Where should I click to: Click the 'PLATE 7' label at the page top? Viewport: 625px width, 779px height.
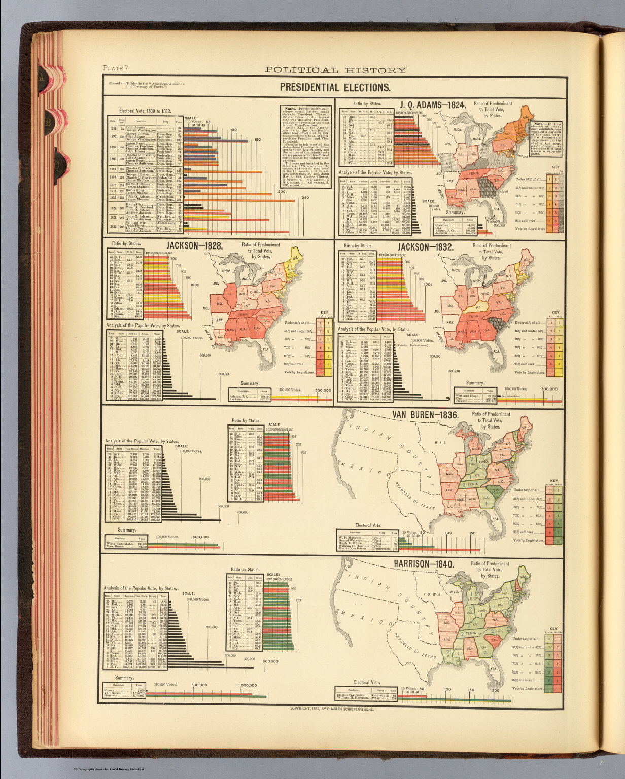(116, 68)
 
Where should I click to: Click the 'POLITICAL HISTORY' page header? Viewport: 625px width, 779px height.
(335, 70)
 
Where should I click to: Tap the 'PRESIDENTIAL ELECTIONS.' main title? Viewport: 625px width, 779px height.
(335, 87)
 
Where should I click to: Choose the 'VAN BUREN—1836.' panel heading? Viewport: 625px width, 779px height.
(425, 415)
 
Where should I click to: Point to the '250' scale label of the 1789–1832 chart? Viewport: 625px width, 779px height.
(305, 198)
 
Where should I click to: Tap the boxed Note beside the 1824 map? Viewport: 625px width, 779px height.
(547, 136)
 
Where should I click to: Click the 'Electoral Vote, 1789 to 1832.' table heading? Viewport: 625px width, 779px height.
(144, 110)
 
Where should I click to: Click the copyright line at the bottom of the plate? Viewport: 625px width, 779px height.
(335, 709)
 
